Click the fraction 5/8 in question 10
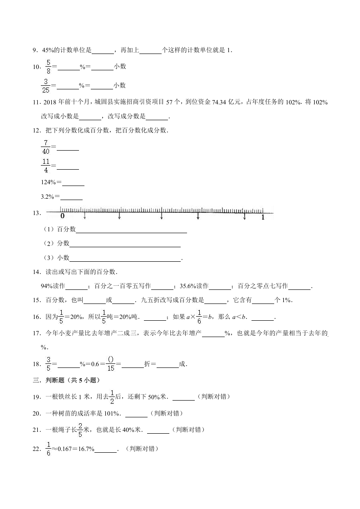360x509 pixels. click(47, 66)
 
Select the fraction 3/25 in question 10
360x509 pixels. click(45, 85)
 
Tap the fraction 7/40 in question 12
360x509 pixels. click(45, 147)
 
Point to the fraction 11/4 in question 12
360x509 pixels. click(45, 166)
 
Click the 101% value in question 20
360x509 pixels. click(113, 413)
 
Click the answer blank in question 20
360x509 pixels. click(136, 414)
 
